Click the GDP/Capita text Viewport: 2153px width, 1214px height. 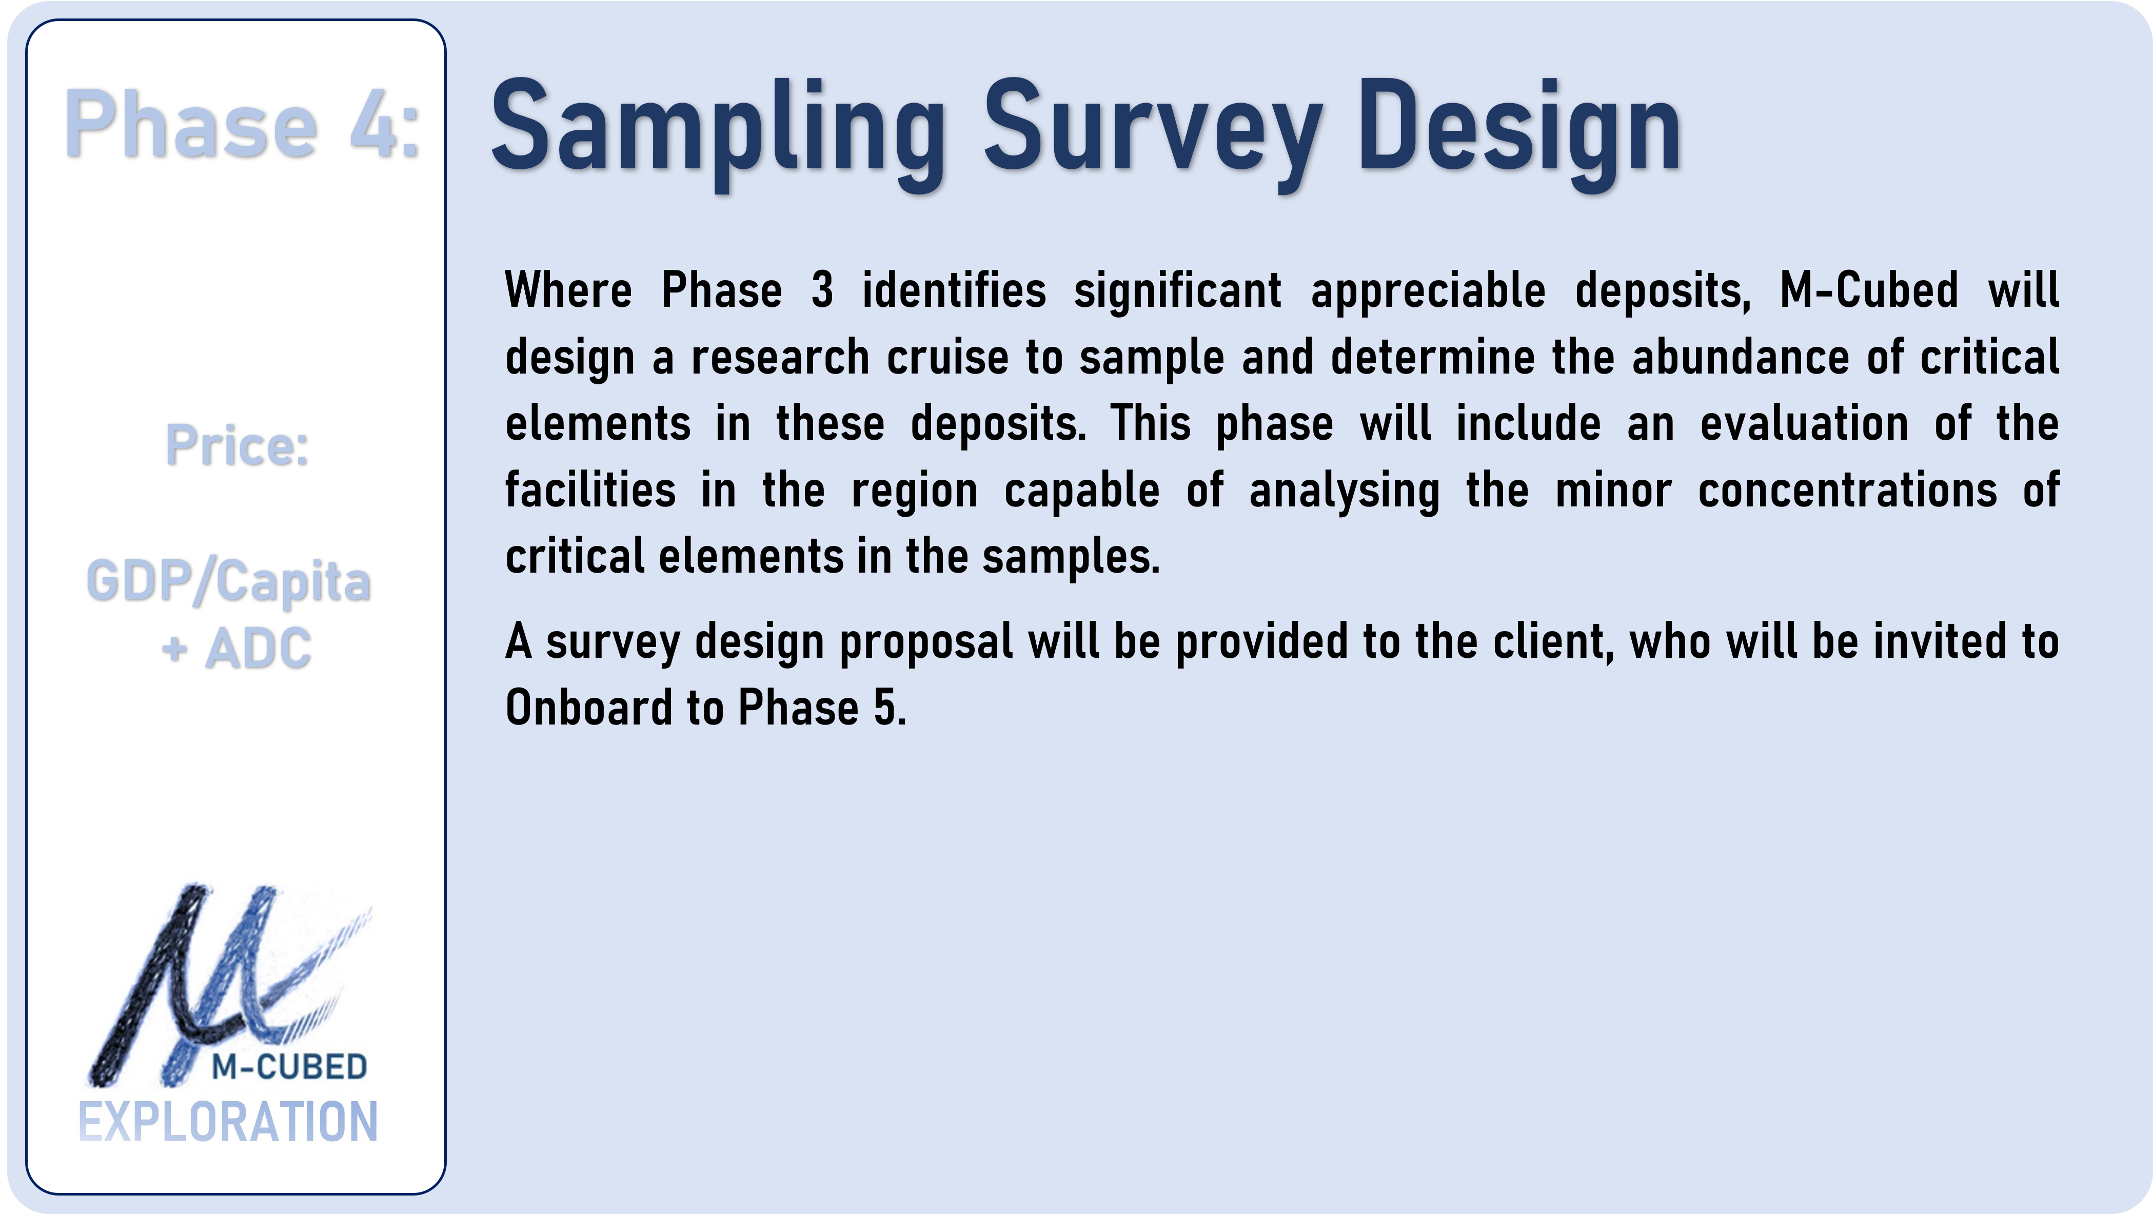tap(228, 582)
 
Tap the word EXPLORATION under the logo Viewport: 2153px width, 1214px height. tap(228, 1122)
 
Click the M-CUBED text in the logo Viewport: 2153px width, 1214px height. tap(289, 1067)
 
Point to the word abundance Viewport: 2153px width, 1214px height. tap(1741, 358)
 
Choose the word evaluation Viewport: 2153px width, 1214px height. tap(1805, 424)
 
